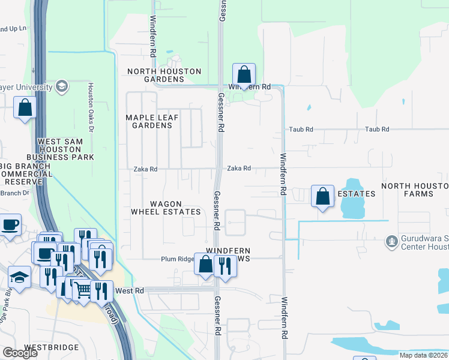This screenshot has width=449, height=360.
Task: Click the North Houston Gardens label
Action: pos(164,75)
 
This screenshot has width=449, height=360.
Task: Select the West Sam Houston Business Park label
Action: pos(66,149)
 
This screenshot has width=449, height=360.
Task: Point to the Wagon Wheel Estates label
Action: pos(166,208)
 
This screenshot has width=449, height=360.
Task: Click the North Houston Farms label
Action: pos(415,190)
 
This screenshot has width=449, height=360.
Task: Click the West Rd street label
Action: pos(131,290)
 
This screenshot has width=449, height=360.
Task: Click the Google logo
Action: pos(20,353)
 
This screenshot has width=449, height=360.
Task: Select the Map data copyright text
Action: pos(424,355)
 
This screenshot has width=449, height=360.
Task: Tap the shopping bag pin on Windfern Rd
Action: pos(244,75)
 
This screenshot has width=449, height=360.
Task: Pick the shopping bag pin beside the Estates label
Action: pos(323,196)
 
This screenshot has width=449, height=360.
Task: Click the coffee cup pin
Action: pos(10,226)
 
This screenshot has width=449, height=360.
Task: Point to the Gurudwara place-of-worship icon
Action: pos(392,241)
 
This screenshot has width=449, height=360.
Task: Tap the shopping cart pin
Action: pos(83,290)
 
